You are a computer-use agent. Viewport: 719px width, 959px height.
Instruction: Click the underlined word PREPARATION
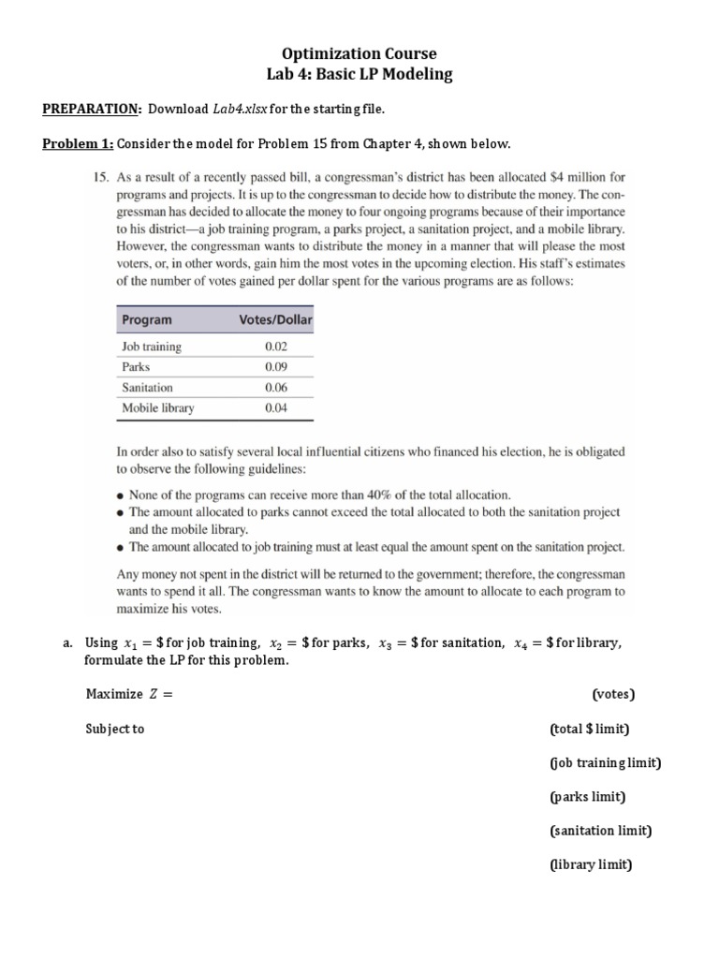[91, 109]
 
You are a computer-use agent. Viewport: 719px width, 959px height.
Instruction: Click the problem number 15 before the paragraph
[102, 176]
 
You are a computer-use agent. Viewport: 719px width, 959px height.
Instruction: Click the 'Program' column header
[147, 319]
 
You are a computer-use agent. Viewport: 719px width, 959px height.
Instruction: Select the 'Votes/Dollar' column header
[275, 319]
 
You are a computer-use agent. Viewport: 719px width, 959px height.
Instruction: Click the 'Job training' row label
[152, 347]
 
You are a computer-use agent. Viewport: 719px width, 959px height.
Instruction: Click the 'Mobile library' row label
[158, 408]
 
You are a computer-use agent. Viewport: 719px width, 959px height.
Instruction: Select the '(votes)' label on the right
[613, 694]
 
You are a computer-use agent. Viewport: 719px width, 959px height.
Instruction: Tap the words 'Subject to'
[115, 729]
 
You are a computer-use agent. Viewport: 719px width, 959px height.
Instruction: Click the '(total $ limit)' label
[589, 729]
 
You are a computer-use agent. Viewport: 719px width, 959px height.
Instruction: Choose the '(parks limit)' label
[586, 797]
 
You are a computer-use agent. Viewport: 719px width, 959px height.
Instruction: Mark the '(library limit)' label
[590, 865]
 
